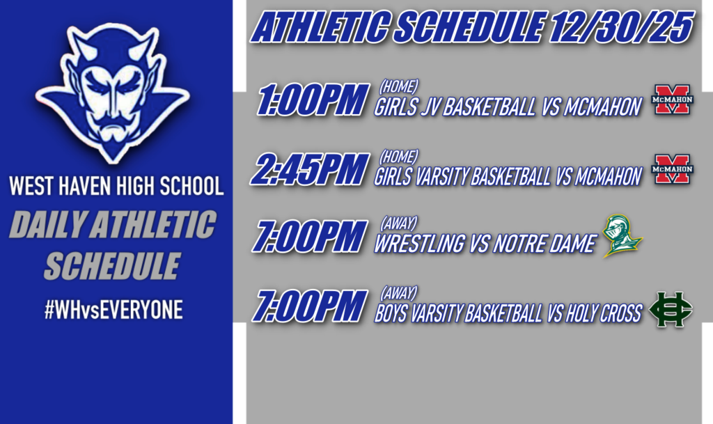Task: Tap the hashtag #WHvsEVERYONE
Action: (113, 311)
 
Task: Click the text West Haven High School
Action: (116, 187)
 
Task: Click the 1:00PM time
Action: (311, 102)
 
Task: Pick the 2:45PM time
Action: (311, 170)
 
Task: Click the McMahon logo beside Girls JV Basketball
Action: (671, 100)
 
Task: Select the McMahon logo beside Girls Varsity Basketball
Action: (671, 169)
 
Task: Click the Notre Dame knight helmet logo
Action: (621, 236)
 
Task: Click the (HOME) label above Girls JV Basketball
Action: (398, 87)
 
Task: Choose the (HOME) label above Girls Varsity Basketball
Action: (398, 156)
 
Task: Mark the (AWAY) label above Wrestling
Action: (398, 224)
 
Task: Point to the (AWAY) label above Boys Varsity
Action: (398, 292)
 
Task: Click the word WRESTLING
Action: (419, 244)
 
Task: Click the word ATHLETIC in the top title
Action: (327, 28)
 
